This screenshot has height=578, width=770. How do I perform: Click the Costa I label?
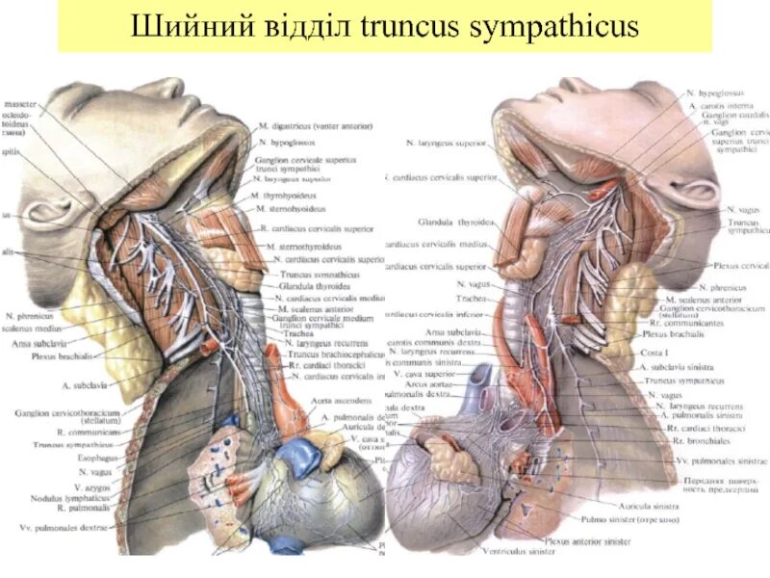653,353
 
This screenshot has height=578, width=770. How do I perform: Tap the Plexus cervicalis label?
740,265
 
